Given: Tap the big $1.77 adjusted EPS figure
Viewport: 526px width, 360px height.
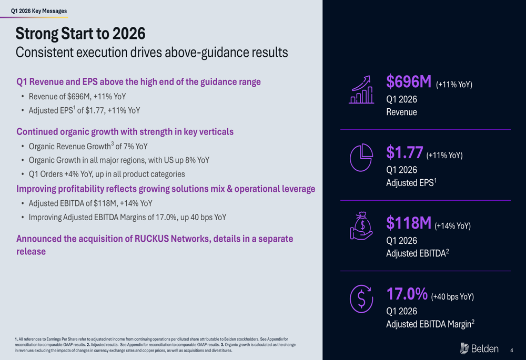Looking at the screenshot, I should click(404, 152).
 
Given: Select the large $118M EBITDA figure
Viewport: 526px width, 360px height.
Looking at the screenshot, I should click(409, 223).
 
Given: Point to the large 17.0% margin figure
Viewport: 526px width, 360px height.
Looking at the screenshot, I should click(407, 294).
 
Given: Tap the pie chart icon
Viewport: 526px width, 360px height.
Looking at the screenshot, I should click(361, 158).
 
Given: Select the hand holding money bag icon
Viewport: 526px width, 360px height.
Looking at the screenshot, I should click(361, 226).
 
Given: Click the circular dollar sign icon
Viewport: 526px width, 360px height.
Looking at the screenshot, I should click(361, 299).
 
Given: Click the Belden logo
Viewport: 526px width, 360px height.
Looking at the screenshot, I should click(479, 348).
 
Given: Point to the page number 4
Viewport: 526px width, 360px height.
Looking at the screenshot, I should click(511, 350).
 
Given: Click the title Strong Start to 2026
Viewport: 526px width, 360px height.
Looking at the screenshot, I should click(80, 34).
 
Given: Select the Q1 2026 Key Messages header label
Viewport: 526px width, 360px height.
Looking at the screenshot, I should click(39, 11).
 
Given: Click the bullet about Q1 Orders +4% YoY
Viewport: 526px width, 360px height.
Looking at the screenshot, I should click(107, 174).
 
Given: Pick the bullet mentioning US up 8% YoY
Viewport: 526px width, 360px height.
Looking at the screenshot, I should click(119, 160).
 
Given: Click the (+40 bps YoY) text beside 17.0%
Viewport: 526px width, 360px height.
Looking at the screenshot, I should click(452, 297).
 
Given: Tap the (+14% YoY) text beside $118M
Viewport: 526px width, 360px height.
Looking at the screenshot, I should click(452, 226).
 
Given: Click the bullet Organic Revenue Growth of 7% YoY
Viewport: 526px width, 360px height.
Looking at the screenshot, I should click(88, 147).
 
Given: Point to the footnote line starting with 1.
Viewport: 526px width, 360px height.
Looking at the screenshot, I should click(151, 340).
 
